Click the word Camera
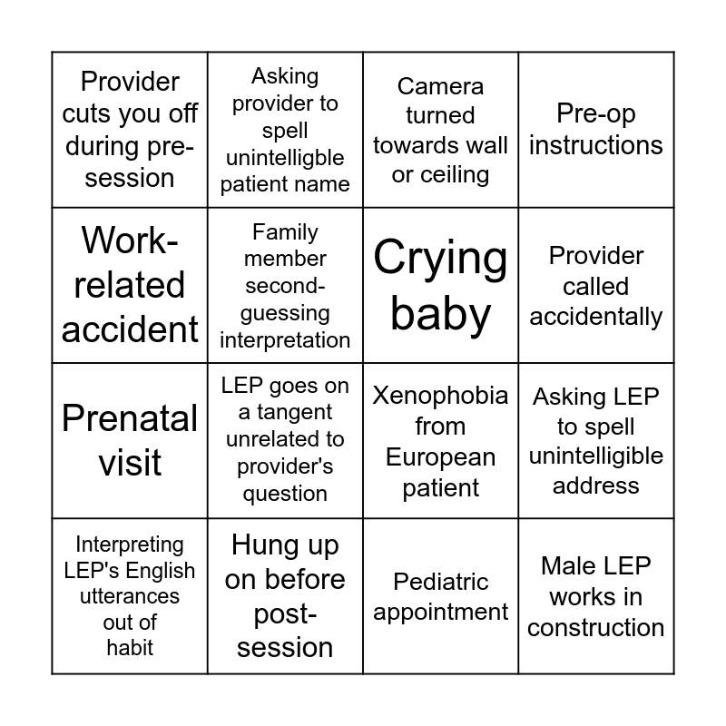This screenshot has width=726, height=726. (x=440, y=86)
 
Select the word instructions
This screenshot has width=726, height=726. (x=596, y=145)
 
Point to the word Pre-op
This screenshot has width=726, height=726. (x=596, y=114)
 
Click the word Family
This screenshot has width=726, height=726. (x=285, y=232)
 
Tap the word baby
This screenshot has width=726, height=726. (x=440, y=315)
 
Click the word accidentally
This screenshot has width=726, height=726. (x=596, y=317)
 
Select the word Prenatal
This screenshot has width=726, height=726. (x=130, y=418)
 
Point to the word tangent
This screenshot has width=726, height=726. (x=294, y=412)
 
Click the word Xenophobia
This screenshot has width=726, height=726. (x=440, y=396)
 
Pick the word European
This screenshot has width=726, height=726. (x=440, y=457)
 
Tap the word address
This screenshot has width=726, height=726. (x=596, y=486)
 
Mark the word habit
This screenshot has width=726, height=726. (x=130, y=648)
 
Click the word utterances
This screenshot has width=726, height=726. (x=130, y=596)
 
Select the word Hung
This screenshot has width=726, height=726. (x=266, y=545)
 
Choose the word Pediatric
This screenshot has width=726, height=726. (x=440, y=582)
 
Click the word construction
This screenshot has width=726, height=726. (x=596, y=628)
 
